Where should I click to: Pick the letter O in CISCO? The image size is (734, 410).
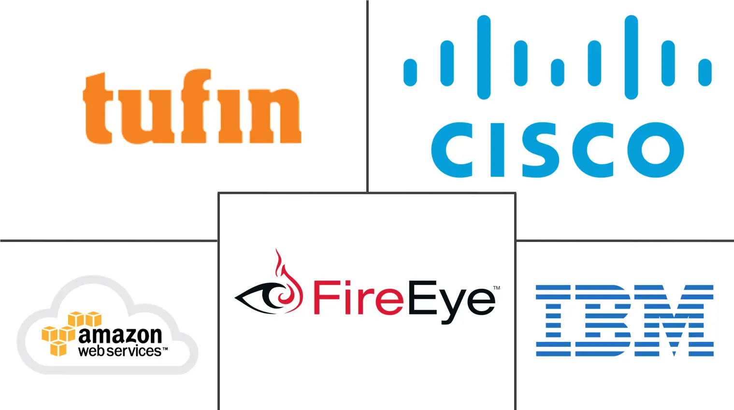[656, 150]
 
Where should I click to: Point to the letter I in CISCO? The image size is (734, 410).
[497, 150]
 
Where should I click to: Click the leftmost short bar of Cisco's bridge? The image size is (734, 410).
[410, 72]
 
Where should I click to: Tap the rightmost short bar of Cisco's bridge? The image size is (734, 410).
[705, 72]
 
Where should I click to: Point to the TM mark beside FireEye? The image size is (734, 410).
[496, 288]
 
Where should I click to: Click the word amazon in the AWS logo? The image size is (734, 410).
[120, 335]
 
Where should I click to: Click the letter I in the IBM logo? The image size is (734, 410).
[553, 321]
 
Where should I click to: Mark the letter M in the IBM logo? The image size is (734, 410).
[674, 321]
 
